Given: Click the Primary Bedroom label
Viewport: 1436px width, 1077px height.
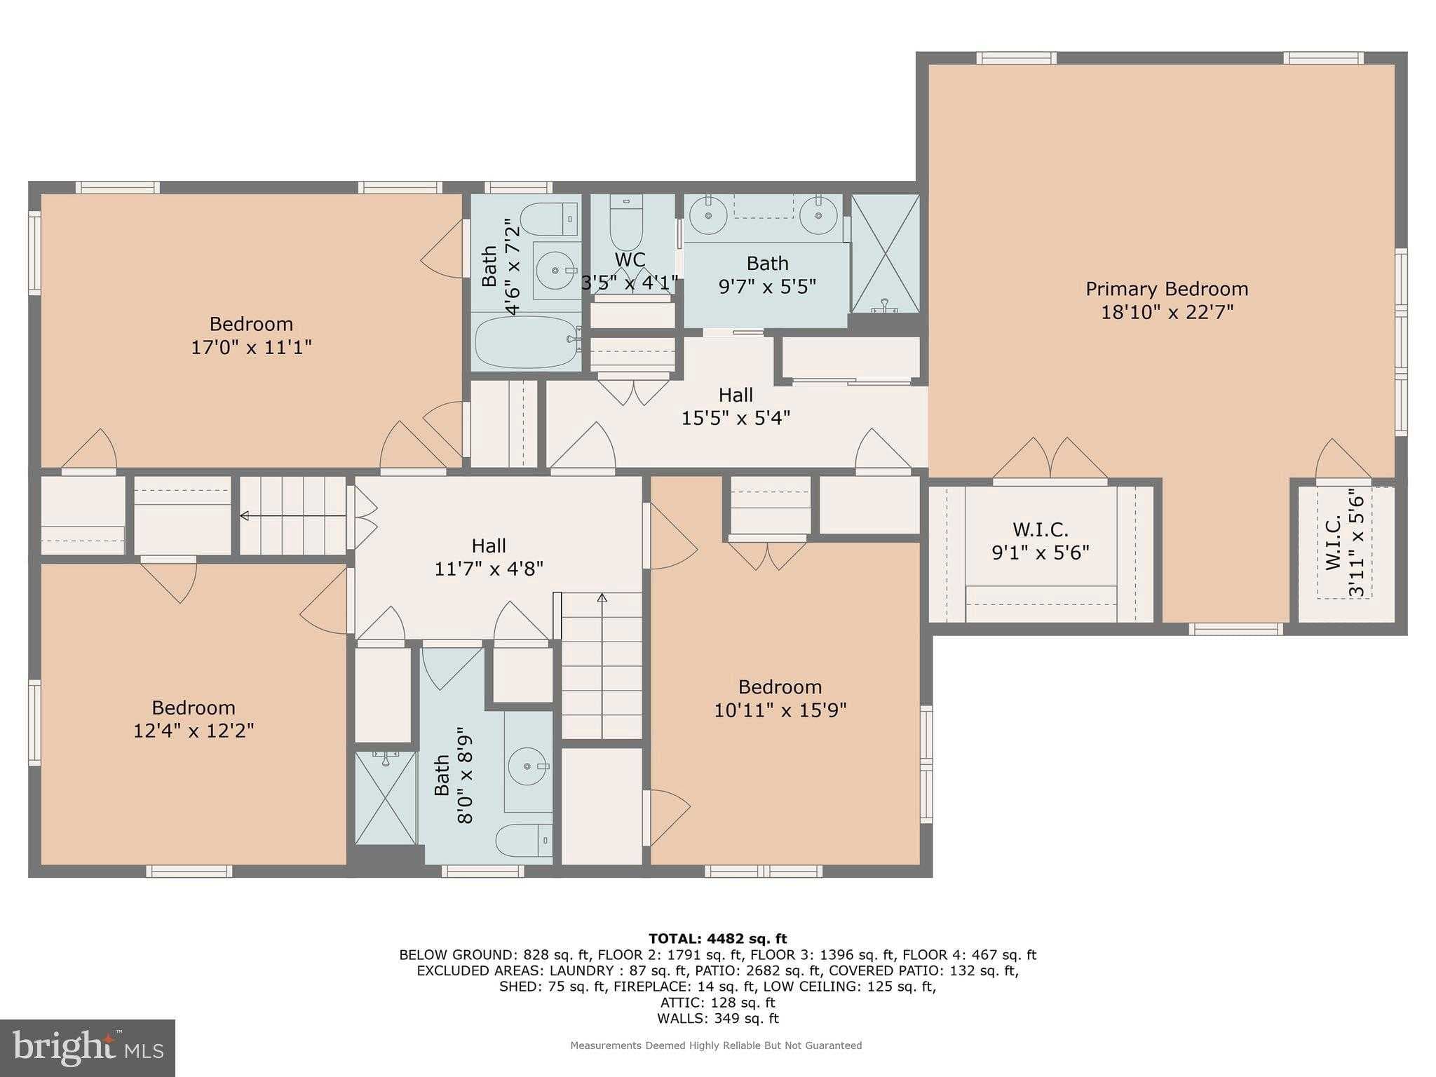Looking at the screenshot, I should (x=1166, y=289).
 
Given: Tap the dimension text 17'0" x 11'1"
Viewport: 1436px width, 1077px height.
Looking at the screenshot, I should (x=251, y=347).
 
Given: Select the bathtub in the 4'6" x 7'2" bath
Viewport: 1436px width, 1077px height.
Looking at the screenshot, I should (x=525, y=342).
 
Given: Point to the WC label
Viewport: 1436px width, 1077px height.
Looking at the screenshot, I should (x=630, y=259).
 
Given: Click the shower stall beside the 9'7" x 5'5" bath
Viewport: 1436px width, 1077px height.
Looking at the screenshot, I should (x=885, y=254).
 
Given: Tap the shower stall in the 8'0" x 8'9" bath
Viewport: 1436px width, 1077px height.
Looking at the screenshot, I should (x=386, y=798).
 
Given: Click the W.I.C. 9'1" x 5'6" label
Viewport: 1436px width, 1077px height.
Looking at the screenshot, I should (x=1040, y=541).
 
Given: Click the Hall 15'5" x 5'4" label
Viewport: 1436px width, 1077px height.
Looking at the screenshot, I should (x=736, y=406).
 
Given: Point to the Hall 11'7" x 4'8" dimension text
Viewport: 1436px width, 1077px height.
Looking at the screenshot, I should (x=489, y=569).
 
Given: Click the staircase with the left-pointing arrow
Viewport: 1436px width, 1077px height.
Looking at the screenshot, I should (x=293, y=516).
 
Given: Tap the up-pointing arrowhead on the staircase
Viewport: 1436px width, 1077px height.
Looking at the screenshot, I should (x=602, y=598).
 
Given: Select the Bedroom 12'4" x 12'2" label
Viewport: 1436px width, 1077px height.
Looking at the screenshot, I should (x=194, y=719).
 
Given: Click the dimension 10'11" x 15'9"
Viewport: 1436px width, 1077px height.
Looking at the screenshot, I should (x=780, y=710).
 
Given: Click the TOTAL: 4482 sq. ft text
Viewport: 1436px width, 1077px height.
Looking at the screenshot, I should (x=717, y=939).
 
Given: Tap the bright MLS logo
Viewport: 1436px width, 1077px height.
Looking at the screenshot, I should (x=88, y=1048).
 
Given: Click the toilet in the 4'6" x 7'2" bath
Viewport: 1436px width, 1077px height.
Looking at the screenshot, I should (x=550, y=219).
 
